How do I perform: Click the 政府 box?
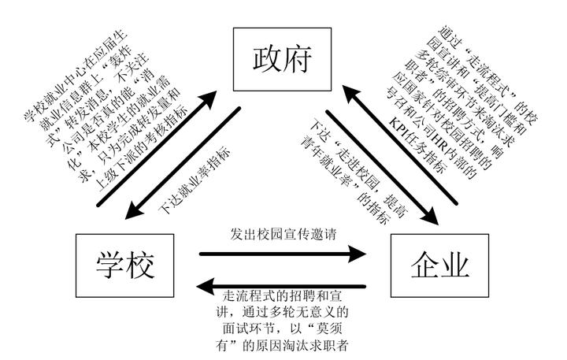pos(282,59)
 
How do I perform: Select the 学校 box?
pos(124,265)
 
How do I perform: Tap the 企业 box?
pos(439,265)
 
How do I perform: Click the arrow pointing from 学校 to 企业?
pos(283,254)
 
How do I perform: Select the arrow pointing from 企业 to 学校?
pos(281,286)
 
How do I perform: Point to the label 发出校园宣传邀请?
pos(283,234)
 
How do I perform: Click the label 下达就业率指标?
pos(195,180)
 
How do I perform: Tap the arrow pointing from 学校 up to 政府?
pos(157,148)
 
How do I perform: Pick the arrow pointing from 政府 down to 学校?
pos(183,163)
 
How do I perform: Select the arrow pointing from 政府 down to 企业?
pos(382,168)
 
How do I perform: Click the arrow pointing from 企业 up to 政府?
pos(400,144)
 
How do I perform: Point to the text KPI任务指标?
pos(418,145)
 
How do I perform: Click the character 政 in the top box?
pos(267,59)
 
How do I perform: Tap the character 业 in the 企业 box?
pos(455,265)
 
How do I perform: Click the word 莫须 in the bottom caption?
pos(328,328)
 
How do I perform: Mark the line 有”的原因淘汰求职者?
pos(282,346)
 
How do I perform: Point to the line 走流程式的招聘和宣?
pos(282,296)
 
